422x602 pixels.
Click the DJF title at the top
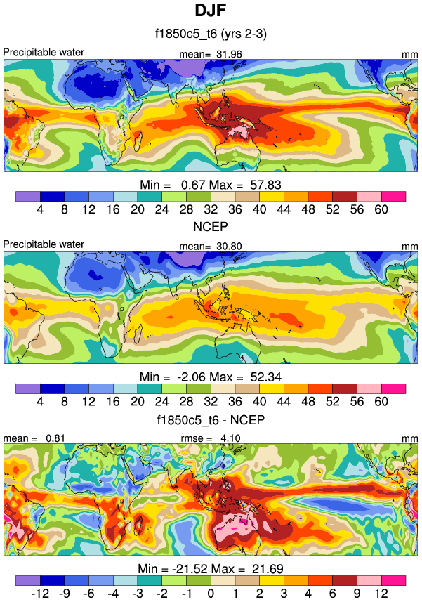click(211, 11)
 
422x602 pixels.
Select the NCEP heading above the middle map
click(211, 228)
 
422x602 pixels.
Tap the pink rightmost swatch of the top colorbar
click(393, 195)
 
